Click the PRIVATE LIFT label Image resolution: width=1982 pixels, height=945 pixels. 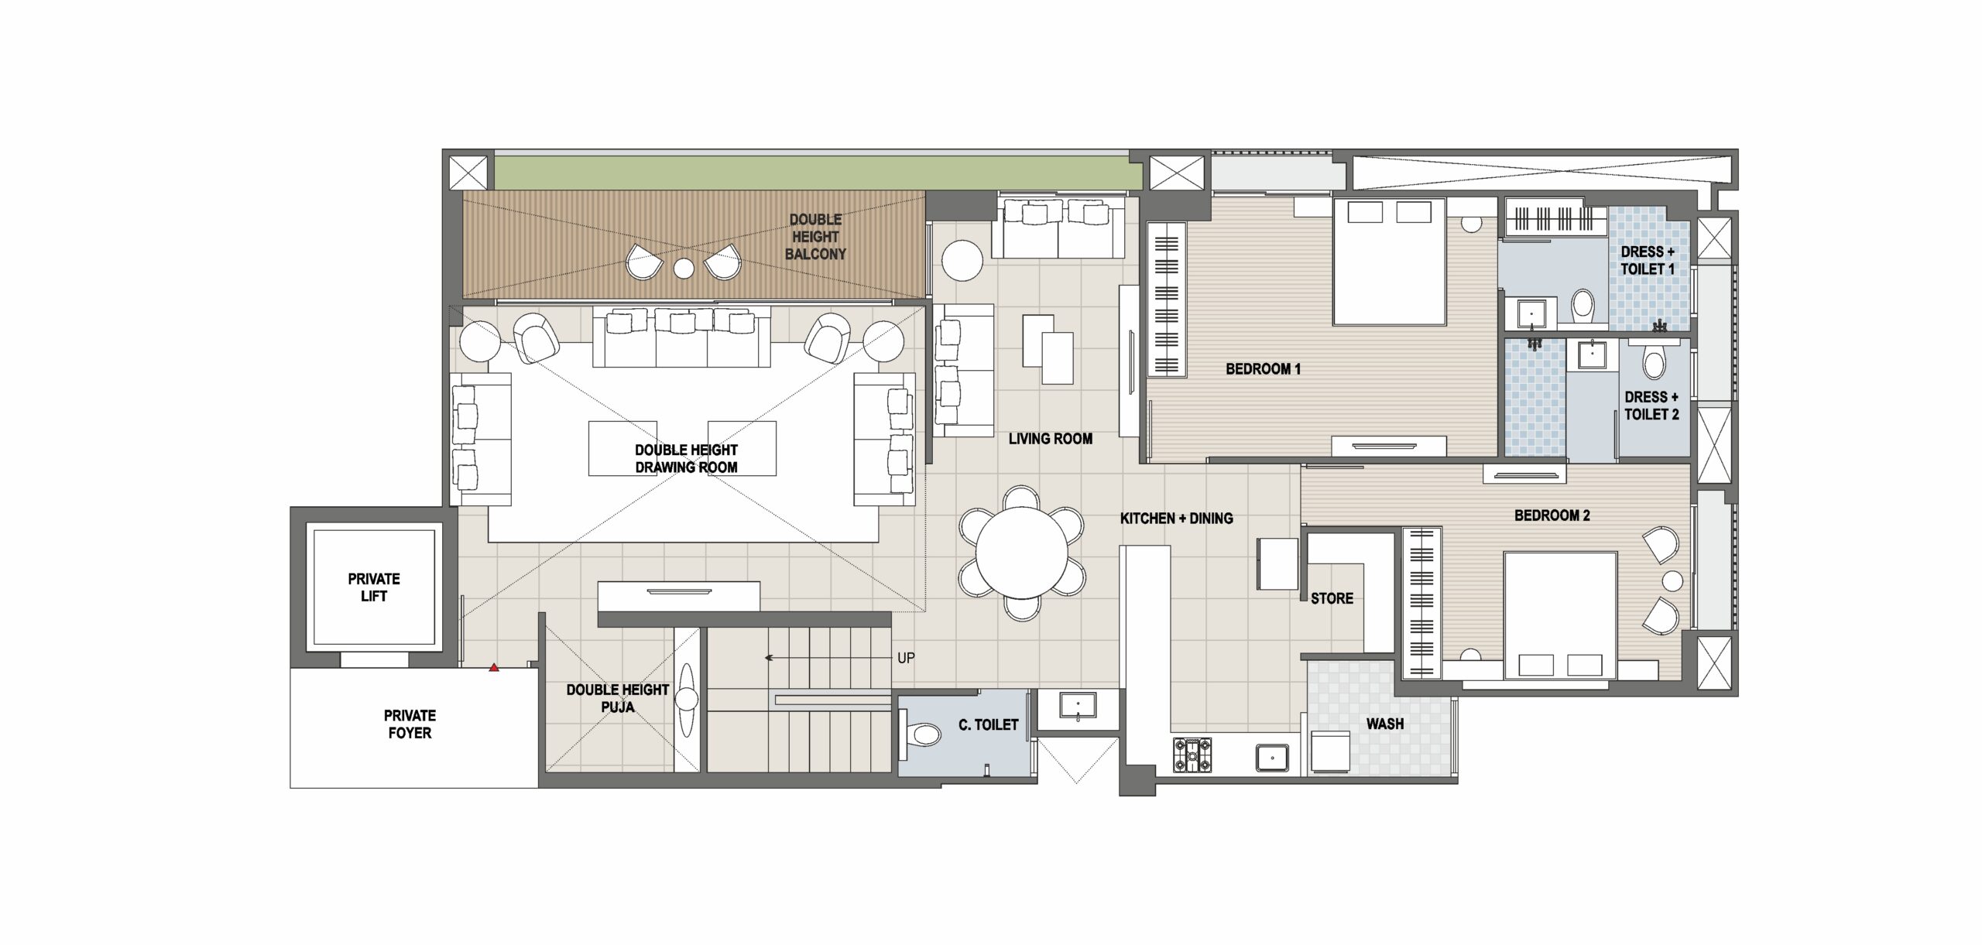(x=374, y=587)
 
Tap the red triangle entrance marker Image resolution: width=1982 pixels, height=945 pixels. (x=494, y=667)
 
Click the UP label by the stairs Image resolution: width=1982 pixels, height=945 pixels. (x=906, y=658)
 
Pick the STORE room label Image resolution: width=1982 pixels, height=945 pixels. (x=1332, y=598)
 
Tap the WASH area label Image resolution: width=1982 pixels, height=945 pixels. (x=1385, y=724)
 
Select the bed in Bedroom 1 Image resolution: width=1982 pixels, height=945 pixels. (x=1389, y=261)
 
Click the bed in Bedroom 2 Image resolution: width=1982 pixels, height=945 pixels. (x=1560, y=615)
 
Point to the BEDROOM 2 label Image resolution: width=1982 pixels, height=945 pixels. (x=1552, y=515)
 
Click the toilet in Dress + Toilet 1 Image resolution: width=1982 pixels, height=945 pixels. (x=1583, y=306)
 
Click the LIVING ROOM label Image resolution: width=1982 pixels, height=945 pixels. (x=1051, y=439)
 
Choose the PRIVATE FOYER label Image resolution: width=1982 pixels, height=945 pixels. (x=410, y=724)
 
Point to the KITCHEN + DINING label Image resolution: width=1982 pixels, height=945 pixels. (x=1177, y=519)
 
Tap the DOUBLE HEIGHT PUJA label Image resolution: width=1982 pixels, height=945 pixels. (x=618, y=698)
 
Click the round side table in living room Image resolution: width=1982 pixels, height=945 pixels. (x=962, y=261)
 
